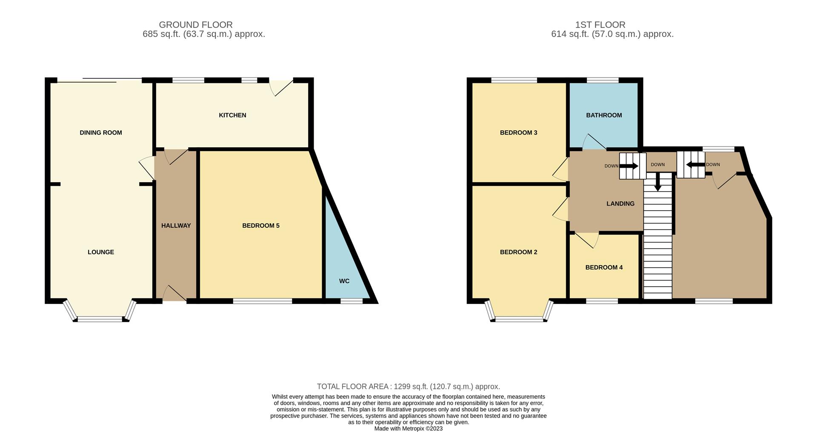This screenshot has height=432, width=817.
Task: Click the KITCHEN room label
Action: (x=232, y=115)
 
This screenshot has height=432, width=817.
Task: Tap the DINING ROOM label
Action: (x=101, y=133)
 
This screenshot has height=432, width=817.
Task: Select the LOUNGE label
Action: (x=101, y=252)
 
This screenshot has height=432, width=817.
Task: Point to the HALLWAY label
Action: (x=176, y=226)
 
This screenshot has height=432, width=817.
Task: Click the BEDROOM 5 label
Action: (x=261, y=226)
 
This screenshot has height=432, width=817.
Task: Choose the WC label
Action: (x=344, y=281)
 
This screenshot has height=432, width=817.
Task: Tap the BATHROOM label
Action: (x=604, y=115)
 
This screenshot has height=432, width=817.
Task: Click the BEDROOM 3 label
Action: (x=518, y=133)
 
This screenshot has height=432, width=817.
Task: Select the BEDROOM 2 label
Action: (x=518, y=252)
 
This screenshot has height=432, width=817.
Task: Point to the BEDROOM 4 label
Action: (x=604, y=267)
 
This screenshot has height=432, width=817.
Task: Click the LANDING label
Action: (x=620, y=204)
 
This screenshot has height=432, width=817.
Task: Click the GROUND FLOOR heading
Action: (x=196, y=25)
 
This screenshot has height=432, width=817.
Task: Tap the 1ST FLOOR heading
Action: (x=600, y=25)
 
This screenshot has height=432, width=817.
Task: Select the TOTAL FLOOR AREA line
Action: (x=408, y=386)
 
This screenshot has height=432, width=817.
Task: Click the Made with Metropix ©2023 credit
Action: (x=408, y=429)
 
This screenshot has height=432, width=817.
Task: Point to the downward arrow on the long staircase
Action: (x=657, y=182)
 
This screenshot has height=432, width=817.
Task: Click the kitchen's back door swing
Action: (x=281, y=87)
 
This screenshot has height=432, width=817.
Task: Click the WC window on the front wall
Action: (x=351, y=301)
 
